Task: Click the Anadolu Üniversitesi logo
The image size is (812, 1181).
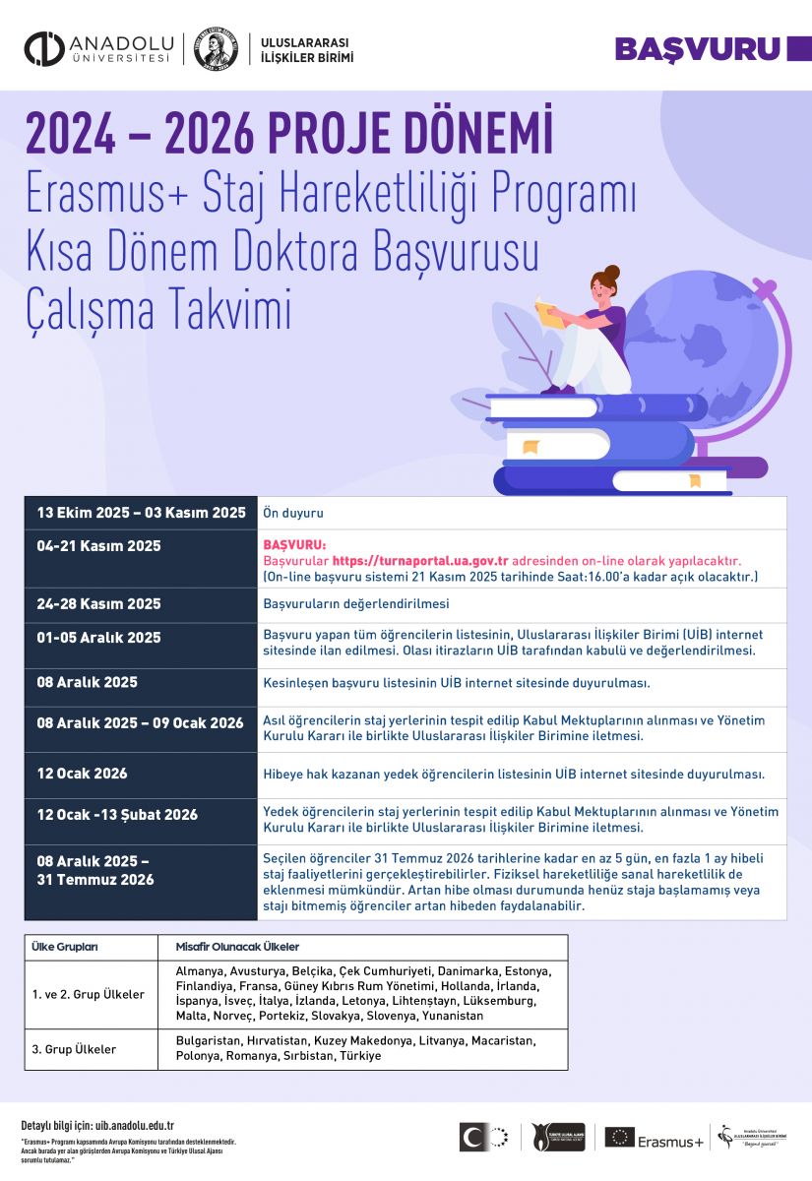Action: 98,50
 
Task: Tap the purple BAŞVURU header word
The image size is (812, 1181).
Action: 697,49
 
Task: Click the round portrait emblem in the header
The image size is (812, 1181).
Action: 216,50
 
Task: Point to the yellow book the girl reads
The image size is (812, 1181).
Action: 544,311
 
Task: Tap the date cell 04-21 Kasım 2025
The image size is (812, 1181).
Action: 98,546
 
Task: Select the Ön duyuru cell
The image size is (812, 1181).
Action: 293,513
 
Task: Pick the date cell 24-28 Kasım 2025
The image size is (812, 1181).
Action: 98,603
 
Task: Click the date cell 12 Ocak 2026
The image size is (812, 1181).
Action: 83,774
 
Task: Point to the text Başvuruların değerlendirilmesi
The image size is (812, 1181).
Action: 355,603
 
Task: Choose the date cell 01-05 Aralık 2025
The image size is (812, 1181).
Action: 98,638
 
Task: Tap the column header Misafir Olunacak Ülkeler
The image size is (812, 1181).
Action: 237,947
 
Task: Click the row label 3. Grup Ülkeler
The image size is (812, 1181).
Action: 74,1049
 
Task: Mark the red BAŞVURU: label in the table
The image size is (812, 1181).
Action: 293,544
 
